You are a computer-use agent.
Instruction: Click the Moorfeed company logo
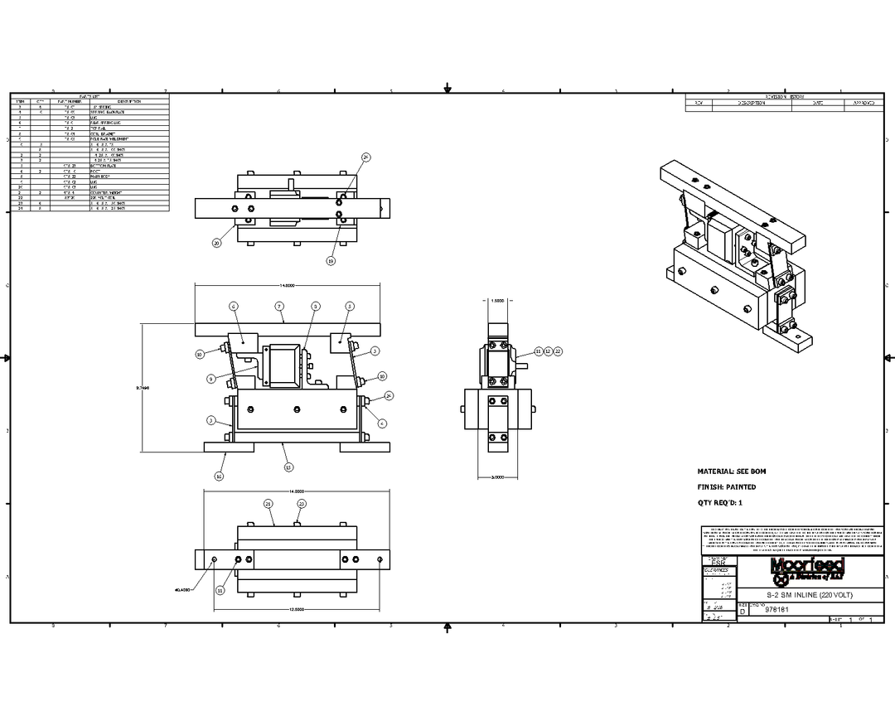(x=808, y=568)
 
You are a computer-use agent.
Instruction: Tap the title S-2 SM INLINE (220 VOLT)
(x=808, y=595)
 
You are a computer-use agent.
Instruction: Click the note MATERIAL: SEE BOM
(x=732, y=471)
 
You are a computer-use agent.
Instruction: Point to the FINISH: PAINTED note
(x=727, y=487)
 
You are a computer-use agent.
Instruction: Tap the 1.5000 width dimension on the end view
(x=497, y=302)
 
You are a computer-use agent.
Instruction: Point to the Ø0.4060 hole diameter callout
(x=183, y=590)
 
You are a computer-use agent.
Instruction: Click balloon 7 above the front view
(x=281, y=306)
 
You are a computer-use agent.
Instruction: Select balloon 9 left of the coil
(x=211, y=379)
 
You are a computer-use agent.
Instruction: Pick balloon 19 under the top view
(x=330, y=261)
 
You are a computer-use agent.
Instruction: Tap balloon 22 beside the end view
(x=558, y=351)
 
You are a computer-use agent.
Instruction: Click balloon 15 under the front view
(x=288, y=467)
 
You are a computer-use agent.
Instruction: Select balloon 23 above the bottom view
(x=302, y=504)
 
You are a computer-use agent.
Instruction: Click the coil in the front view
(x=284, y=365)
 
